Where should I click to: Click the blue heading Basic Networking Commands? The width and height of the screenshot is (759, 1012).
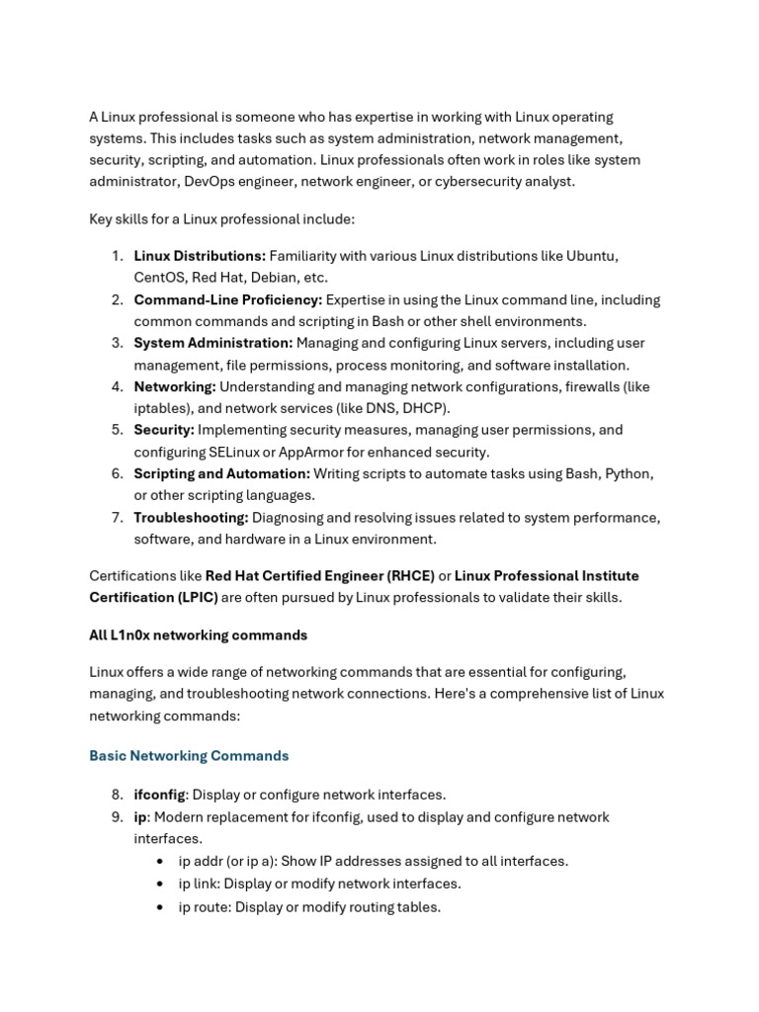point(189,756)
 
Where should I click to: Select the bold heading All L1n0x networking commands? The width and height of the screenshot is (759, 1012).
point(199,635)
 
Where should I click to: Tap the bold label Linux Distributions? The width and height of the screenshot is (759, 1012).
point(200,256)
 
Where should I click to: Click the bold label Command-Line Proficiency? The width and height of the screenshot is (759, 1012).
point(228,299)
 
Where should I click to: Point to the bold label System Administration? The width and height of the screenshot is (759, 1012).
point(213,343)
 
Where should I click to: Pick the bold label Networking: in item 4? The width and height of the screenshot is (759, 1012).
point(175,386)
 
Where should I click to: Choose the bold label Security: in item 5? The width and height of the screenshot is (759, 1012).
point(164,430)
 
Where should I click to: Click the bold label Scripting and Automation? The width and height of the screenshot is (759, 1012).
point(222,473)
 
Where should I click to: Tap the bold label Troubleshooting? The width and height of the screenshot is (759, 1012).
point(191,517)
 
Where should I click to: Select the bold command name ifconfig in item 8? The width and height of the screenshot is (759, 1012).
point(159,795)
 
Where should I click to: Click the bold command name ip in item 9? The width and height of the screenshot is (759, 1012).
point(140,817)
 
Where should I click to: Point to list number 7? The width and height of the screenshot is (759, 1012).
point(117,517)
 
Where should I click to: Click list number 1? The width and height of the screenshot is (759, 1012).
point(117,256)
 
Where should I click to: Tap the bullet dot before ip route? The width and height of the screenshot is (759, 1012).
point(160,907)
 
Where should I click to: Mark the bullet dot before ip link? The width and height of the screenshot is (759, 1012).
point(160,884)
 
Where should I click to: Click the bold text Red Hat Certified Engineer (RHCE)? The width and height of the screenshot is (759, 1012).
point(320,575)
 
